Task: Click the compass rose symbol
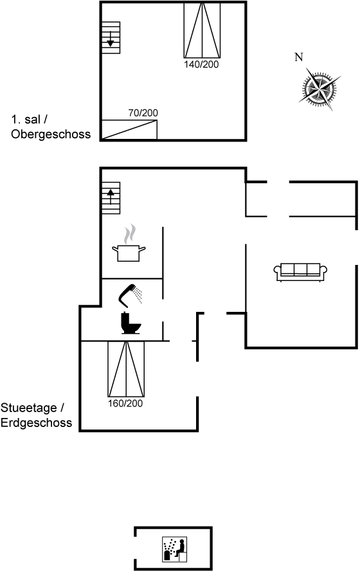(x=319, y=89)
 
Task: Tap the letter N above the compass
(x=299, y=57)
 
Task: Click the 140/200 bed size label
(x=201, y=64)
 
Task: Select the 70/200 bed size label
(x=143, y=113)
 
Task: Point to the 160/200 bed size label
(x=125, y=403)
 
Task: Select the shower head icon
(x=130, y=296)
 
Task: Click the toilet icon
(x=130, y=323)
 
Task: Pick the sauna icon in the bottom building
(x=174, y=548)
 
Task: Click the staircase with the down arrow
(x=111, y=37)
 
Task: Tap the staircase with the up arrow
(x=111, y=198)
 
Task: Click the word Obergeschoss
(x=51, y=134)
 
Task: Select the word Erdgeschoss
(x=37, y=423)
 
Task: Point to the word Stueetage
(x=29, y=408)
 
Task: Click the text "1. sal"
(x=26, y=120)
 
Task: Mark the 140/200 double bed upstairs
(x=202, y=30)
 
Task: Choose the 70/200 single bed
(x=129, y=130)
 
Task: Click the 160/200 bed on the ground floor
(x=126, y=369)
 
